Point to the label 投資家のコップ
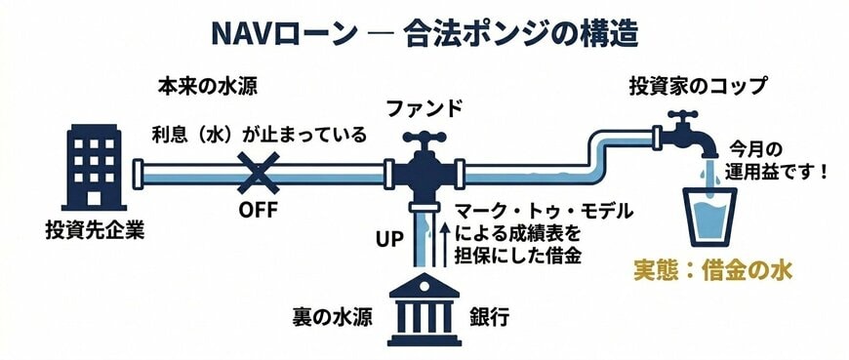pos(697,85)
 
